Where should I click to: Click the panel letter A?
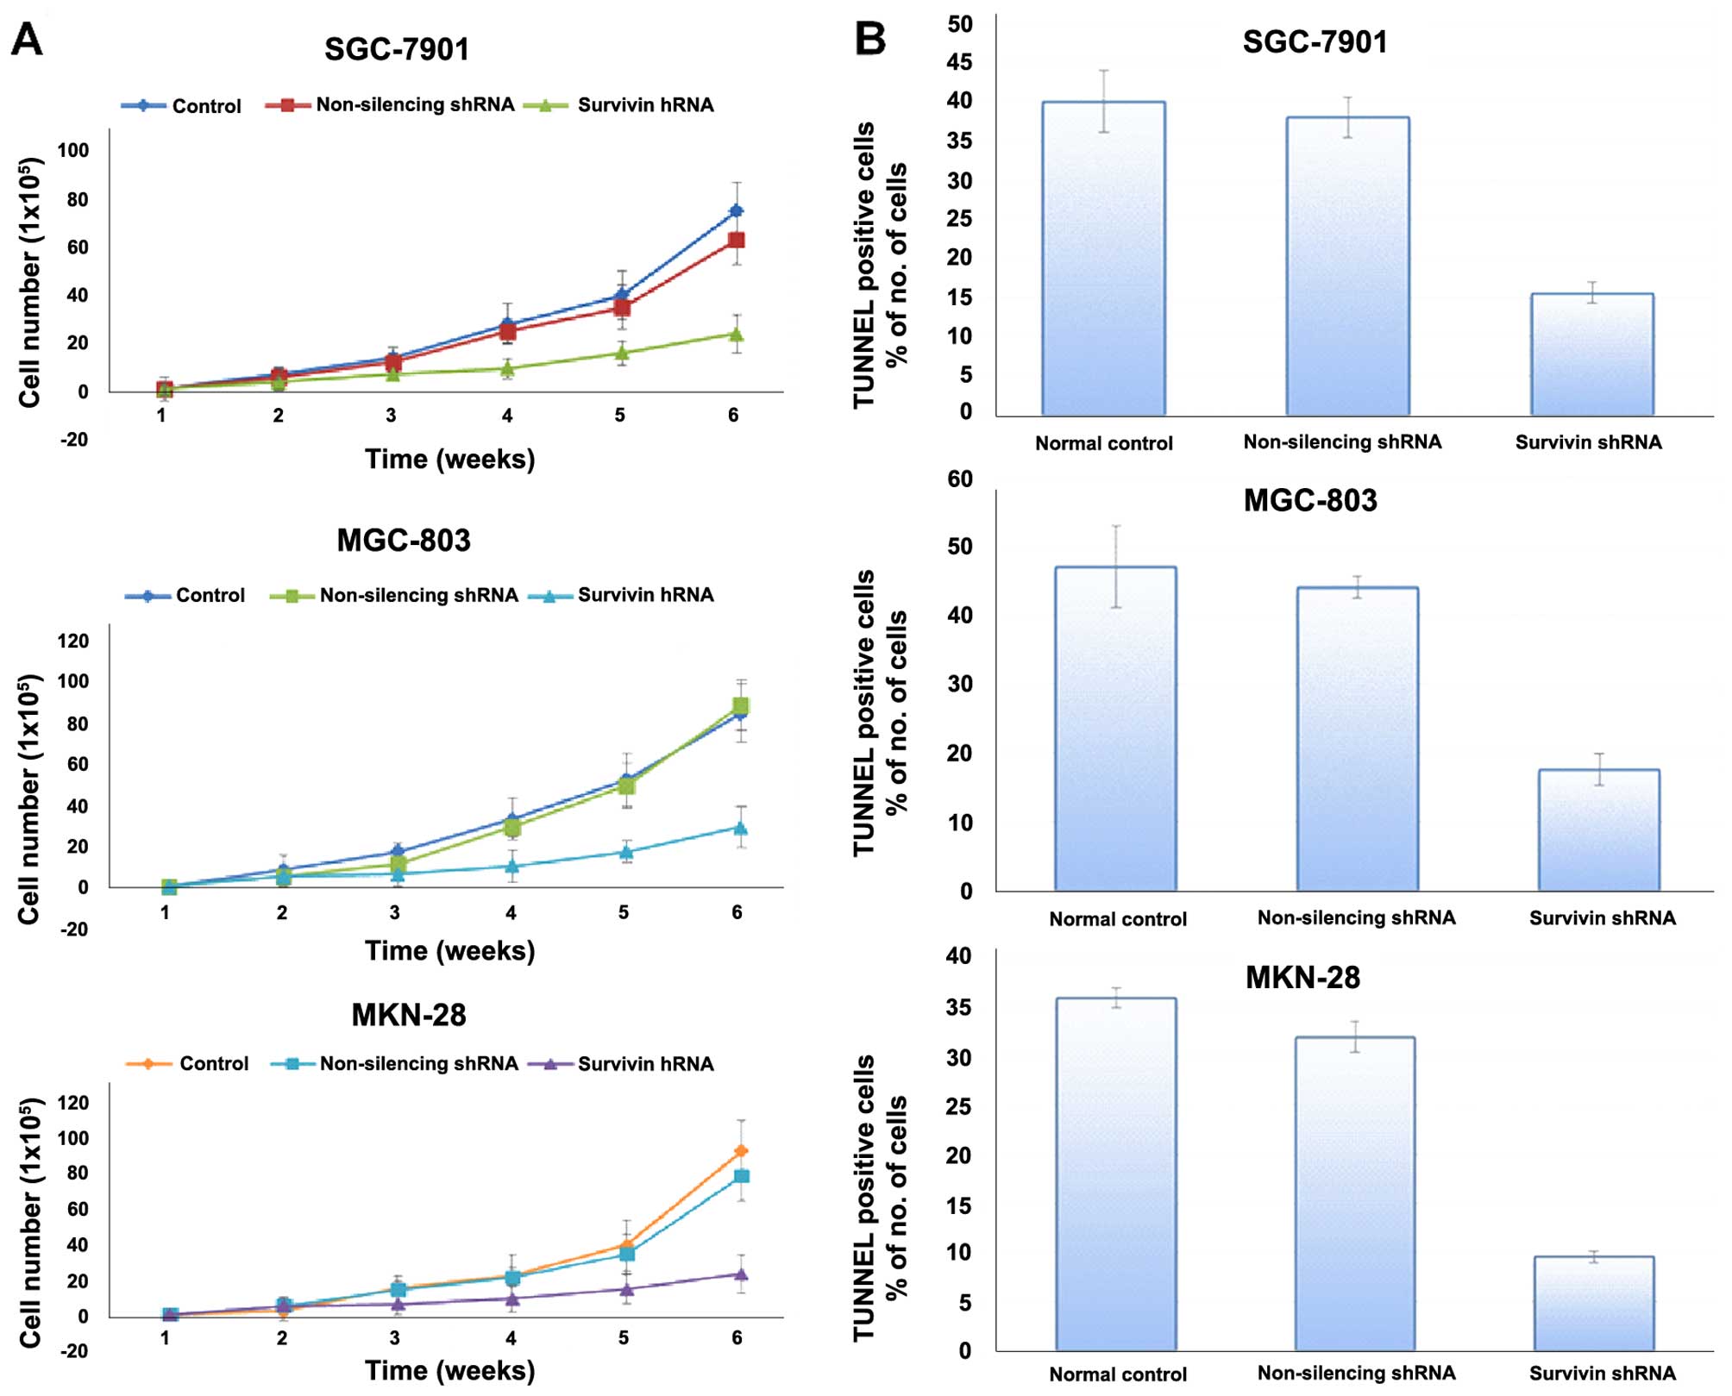click(x=27, y=40)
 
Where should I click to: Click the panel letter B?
click(x=870, y=40)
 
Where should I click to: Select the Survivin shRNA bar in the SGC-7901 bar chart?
click(x=1592, y=354)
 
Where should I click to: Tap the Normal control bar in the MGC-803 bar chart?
click(x=1115, y=729)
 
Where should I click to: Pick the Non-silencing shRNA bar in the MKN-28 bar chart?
click(x=1355, y=1193)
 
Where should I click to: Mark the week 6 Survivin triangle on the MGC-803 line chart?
click(x=740, y=828)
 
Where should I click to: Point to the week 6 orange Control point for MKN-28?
click(x=741, y=1151)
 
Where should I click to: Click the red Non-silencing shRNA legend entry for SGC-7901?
click(x=390, y=105)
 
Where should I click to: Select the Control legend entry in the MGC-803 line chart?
click(x=185, y=596)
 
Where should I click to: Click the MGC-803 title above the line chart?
click(x=404, y=541)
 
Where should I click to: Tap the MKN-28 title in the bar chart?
click(x=1302, y=978)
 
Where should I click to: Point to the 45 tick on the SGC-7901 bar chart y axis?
click(x=959, y=62)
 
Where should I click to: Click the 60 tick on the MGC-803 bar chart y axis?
click(x=959, y=479)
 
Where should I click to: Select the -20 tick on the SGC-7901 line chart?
click(x=73, y=440)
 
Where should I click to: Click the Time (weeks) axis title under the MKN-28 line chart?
click(x=449, y=1370)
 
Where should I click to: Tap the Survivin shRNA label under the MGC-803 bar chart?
click(x=1602, y=918)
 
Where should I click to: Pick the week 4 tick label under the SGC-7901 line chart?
click(x=507, y=416)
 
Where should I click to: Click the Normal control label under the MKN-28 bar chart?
click(x=1118, y=1374)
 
